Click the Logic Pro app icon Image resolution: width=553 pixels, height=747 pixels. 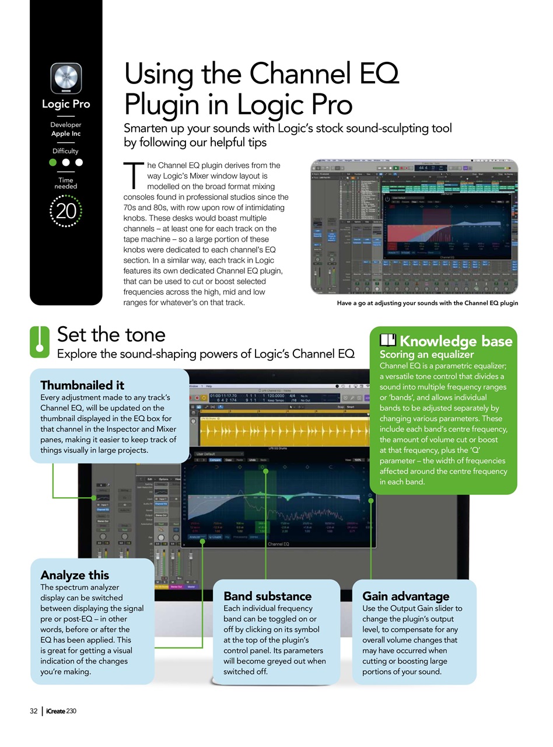tap(66, 78)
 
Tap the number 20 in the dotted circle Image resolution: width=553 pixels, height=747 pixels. tap(66, 211)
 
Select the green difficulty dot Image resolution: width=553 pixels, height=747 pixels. tap(53, 162)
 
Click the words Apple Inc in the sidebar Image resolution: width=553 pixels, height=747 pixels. tap(66, 134)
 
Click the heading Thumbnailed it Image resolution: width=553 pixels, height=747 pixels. tap(82, 385)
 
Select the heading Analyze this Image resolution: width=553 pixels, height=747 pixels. tap(75, 575)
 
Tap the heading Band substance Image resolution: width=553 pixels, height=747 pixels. tap(268, 596)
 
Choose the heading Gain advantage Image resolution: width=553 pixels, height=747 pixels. tap(406, 596)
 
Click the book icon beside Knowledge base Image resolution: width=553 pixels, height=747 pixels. tap(388, 340)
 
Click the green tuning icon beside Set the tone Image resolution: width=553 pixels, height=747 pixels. tap(40, 342)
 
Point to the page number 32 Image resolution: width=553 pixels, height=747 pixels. tap(34, 711)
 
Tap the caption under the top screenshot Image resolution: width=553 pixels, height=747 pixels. tap(427, 303)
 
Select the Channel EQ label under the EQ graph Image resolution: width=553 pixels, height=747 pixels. tap(278, 544)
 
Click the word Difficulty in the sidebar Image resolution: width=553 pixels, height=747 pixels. tap(65, 151)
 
